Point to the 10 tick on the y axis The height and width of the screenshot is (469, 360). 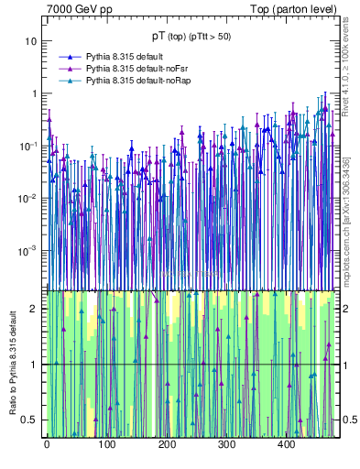31,42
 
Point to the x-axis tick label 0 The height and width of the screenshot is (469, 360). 47,444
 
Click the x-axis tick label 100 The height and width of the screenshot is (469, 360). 106,444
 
